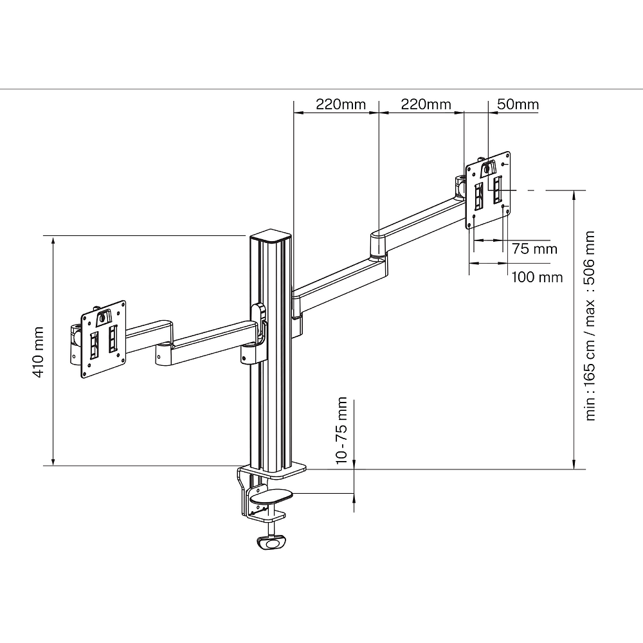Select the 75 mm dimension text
click(534, 249)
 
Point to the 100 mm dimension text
click(537, 277)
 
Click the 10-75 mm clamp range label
click(341, 430)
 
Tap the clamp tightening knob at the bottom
click(271, 543)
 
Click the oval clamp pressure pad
click(271, 496)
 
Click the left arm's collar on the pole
click(256, 334)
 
